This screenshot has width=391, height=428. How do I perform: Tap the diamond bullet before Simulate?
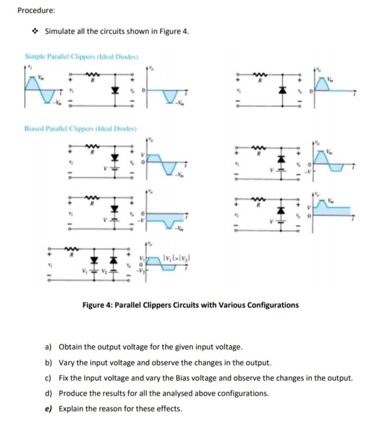[35, 32]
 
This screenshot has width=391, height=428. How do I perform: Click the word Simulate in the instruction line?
[59, 32]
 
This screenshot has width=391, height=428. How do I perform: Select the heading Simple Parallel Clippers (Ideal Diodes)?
[82, 57]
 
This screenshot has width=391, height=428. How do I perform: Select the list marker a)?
[48, 347]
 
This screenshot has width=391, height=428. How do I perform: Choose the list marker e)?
[48, 409]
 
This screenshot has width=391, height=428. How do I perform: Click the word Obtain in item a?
[70, 347]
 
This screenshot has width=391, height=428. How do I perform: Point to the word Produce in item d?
[72, 393]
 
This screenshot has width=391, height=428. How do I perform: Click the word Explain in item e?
[71, 409]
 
